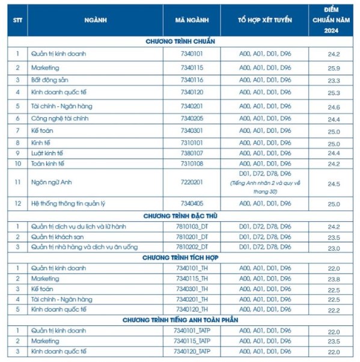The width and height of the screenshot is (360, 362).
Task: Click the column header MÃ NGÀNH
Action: [x=192, y=20]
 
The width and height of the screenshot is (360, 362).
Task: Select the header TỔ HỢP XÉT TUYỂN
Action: [x=264, y=20]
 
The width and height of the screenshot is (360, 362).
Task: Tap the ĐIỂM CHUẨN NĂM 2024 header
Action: [x=334, y=19]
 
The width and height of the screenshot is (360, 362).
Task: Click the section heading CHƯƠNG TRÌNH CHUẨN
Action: [x=180, y=41]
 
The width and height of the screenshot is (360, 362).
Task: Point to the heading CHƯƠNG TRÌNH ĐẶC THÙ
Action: [x=180, y=215]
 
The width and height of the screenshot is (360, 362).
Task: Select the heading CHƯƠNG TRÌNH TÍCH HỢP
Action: [x=180, y=257]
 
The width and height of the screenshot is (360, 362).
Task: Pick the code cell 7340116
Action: [x=192, y=80]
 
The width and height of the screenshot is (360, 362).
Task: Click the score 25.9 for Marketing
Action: [x=334, y=68]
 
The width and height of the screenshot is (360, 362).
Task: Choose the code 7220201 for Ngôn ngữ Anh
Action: [x=192, y=181]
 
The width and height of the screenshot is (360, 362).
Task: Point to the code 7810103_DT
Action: [x=192, y=227]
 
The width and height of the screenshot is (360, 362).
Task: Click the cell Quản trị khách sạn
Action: [x=57, y=238]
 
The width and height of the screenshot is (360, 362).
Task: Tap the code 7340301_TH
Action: [x=192, y=289]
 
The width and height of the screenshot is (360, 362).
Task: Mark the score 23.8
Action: [x=334, y=280]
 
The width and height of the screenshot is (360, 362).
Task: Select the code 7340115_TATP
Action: [x=192, y=341]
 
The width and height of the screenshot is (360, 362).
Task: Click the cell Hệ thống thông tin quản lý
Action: [x=68, y=204]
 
